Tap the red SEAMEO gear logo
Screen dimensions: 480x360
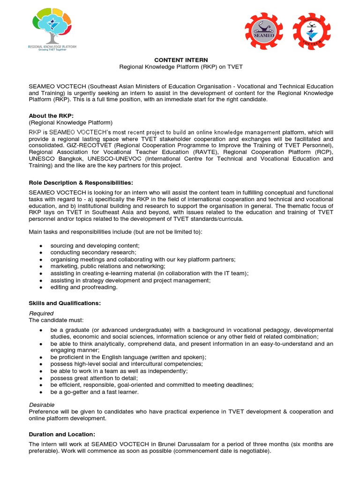tap(264, 31)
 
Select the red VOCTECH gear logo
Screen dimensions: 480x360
tap(312, 31)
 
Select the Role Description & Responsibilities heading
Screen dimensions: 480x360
tap(77, 182)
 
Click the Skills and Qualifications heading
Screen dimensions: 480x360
tap(65, 303)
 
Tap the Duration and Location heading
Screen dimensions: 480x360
tap(62, 435)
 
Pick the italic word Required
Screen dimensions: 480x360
tap(41, 313)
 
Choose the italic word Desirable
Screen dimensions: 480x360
tap(42, 405)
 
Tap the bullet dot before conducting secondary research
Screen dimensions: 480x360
tap(41, 253)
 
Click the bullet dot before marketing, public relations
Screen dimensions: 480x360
tap(41, 266)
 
